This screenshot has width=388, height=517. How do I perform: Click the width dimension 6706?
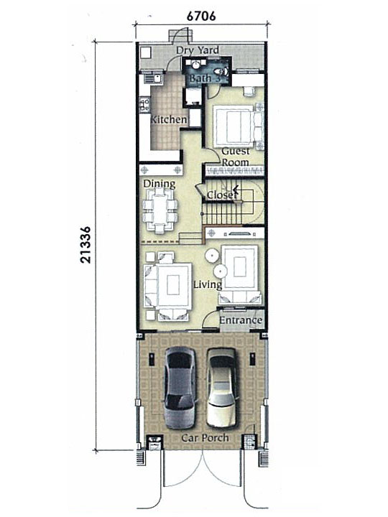pyautogui.click(x=201, y=16)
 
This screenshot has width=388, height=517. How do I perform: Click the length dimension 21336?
pyautogui.click(x=85, y=245)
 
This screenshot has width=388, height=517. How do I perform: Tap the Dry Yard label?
pyautogui.click(x=198, y=50)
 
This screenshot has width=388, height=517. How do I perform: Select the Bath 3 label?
pyautogui.click(x=205, y=78)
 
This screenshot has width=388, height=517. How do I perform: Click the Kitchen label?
pyautogui.click(x=169, y=119)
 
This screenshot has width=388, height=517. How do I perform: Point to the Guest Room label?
pyautogui.click(x=236, y=157)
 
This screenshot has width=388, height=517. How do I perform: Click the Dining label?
pyautogui.click(x=159, y=184)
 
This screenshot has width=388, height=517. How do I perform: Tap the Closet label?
pyautogui.click(x=222, y=195)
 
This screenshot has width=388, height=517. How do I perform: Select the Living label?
pyautogui.click(x=208, y=284)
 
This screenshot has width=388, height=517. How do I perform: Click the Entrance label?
pyautogui.click(x=241, y=320)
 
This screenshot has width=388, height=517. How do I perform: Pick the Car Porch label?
pyautogui.click(x=205, y=438)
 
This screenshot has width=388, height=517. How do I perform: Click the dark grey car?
pyautogui.click(x=180, y=388)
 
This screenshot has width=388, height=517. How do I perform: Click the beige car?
pyautogui.click(x=222, y=388)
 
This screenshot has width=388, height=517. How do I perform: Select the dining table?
pyautogui.click(x=160, y=210)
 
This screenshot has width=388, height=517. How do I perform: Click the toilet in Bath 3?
pyautogui.click(x=221, y=71)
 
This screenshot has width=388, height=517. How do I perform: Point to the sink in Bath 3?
pyautogui.click(x=195, y=65)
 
